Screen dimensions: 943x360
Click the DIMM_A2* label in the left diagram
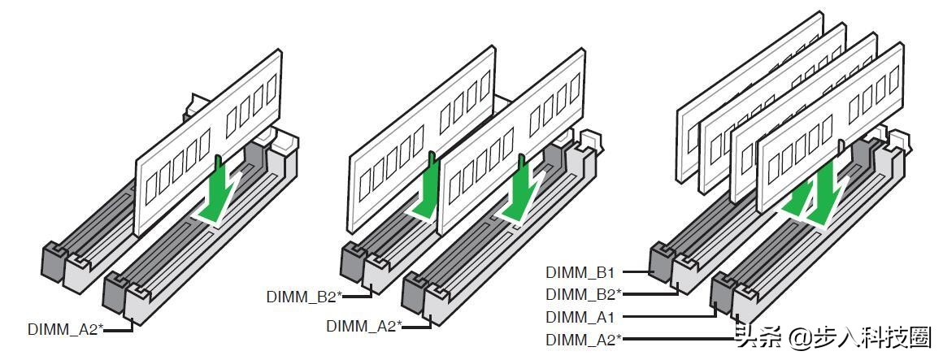[x=66, y=329]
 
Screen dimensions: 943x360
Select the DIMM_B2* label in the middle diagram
[x=304, y=297]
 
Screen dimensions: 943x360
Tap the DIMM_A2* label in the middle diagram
[x=364, y=327]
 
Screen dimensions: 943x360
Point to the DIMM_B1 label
[x=580, y=272]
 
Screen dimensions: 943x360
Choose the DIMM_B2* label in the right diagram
[x=584, y=294]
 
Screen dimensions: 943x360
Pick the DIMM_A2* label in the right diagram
[x=584, y=340]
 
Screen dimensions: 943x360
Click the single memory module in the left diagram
[x=208, y=142]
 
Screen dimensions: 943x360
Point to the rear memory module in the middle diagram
[x=422, y=139]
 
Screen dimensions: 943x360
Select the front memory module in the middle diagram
[x=511, y=141]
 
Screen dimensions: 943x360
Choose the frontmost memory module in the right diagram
[x=830, y=127]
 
